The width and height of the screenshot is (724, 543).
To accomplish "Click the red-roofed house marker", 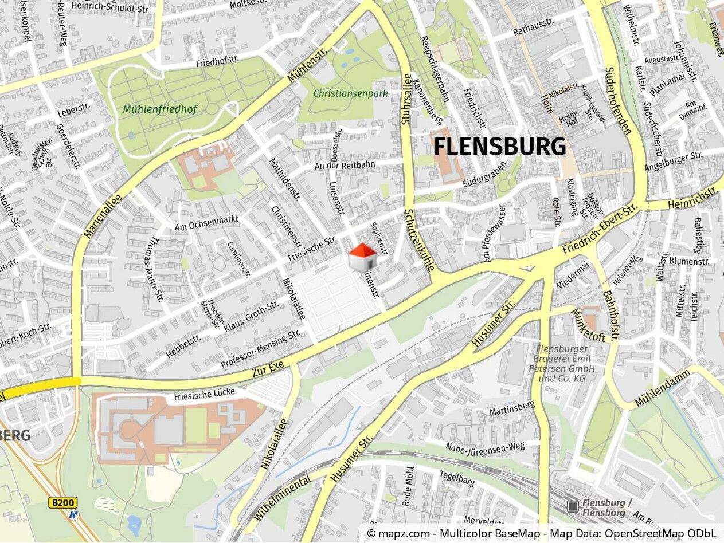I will (362, 257).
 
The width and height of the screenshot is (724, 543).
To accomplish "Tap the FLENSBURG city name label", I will (499, 147).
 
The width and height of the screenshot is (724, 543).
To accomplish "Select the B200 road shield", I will (62, 503).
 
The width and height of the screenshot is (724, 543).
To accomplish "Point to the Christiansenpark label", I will (350, 93).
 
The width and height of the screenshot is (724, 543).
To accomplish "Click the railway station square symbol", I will (572, 506).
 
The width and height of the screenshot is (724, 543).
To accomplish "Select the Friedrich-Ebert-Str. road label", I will (600, 229).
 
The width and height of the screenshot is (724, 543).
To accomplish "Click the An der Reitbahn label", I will (345, 165).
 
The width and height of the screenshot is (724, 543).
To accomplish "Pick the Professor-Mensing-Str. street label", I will (261, 348).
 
